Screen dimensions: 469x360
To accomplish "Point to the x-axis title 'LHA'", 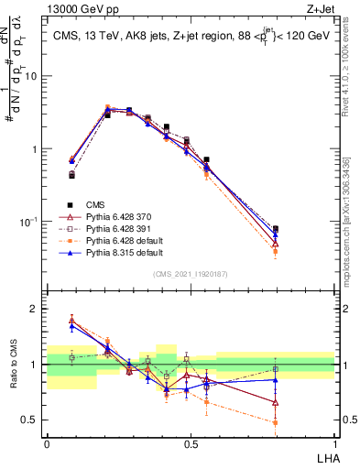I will pos(324,456).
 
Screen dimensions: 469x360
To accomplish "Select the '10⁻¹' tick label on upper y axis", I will pos(30,222).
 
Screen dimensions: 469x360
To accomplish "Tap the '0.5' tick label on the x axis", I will pos(190,442).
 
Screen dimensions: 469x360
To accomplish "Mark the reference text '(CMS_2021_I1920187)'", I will pos(190,274).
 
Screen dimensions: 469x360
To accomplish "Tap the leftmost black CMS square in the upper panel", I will pos(71,174).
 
